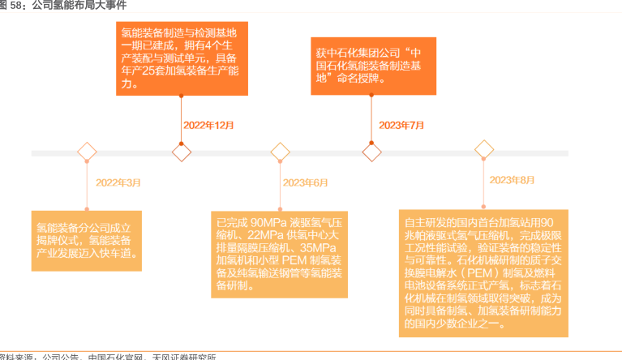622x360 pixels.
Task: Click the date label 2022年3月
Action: pos(118,182)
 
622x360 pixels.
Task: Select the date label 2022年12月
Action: pos(208,125)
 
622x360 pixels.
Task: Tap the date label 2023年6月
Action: pos(305,182)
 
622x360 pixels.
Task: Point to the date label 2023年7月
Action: pos(402,125)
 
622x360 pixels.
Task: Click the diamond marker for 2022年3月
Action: pos(86,152)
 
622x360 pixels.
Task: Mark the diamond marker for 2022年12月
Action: pos(182,152)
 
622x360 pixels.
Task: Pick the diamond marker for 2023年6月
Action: pos(280,152)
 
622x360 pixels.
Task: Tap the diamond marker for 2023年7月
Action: pos(371,152)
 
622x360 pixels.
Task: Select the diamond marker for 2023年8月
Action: pos(484,149)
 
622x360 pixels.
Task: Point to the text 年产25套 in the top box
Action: pos(144,71)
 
